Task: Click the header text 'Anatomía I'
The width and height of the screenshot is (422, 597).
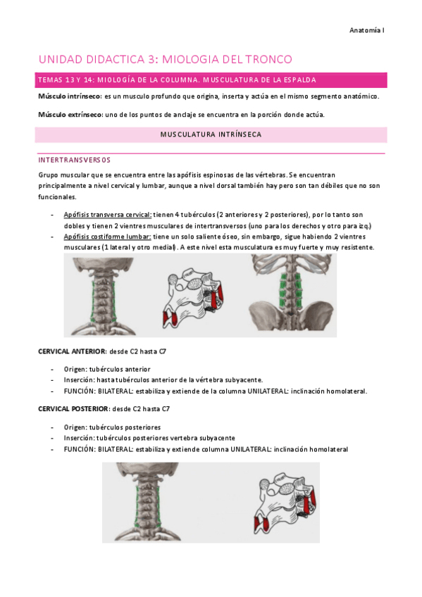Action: (367, 30)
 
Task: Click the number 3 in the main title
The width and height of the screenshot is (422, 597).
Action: (152, 59)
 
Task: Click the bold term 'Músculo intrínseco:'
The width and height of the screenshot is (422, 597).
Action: (70, 96)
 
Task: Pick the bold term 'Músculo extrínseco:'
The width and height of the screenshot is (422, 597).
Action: (71, 115)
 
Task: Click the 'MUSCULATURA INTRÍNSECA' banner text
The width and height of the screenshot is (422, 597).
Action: (211, 134)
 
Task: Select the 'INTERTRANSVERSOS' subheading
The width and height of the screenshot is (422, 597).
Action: (74, 160)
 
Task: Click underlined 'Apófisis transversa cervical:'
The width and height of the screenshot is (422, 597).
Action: (108, 215)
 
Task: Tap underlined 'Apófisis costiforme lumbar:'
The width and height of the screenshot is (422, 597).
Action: (107, 237)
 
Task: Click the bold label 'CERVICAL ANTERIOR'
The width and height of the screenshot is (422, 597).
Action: (73, 351)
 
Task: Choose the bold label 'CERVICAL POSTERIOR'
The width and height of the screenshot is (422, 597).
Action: (73, 409)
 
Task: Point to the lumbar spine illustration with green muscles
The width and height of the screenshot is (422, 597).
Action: (292, 294)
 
